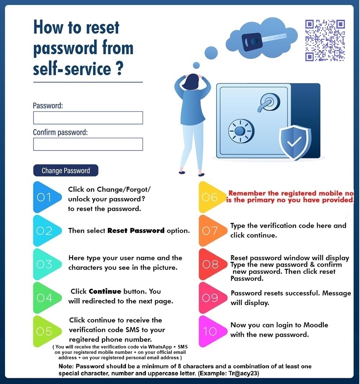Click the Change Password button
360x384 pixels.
pyautogui.click(x=66, y=170)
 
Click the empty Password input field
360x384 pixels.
pyautogui.click(x=88, y=118)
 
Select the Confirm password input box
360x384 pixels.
pyautogui.click(x=88, y=144)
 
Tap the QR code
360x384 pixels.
pyautogui.click(x=325, y=41)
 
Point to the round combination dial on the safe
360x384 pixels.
pyautogui.click(x=241, y=131)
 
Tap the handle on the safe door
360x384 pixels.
pyautogui.click(x=268, y=102)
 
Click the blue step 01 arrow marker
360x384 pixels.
pyautogui.click(x=47, y=197)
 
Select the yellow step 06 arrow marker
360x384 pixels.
pyautogui.click(x=212, y=197)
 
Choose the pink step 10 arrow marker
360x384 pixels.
pyautogui.click(x=212, y=331)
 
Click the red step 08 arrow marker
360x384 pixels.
pyautogui.click(x=212, y=264)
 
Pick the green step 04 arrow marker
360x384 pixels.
pyautogui.click(x=47, y=298)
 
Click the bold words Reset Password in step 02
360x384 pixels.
pyautogui.click(x=136, y=231)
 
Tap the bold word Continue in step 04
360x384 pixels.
pyautogui.click(x=105, y=291)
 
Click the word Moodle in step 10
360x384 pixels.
pyautogui.click(x=316, y=325)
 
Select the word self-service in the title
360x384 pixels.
pyautogui.click(x=72, y=69)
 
